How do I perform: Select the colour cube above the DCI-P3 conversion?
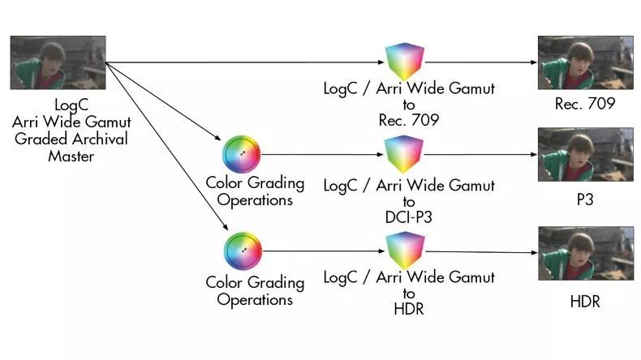pos(403,152)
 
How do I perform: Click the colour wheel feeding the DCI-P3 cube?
pos(241,152)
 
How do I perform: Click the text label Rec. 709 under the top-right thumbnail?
pos(585,104)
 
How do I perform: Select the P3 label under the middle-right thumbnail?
pos(585,197)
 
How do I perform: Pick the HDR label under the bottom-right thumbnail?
pos(585,302)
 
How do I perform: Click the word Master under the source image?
pos(71,155)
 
